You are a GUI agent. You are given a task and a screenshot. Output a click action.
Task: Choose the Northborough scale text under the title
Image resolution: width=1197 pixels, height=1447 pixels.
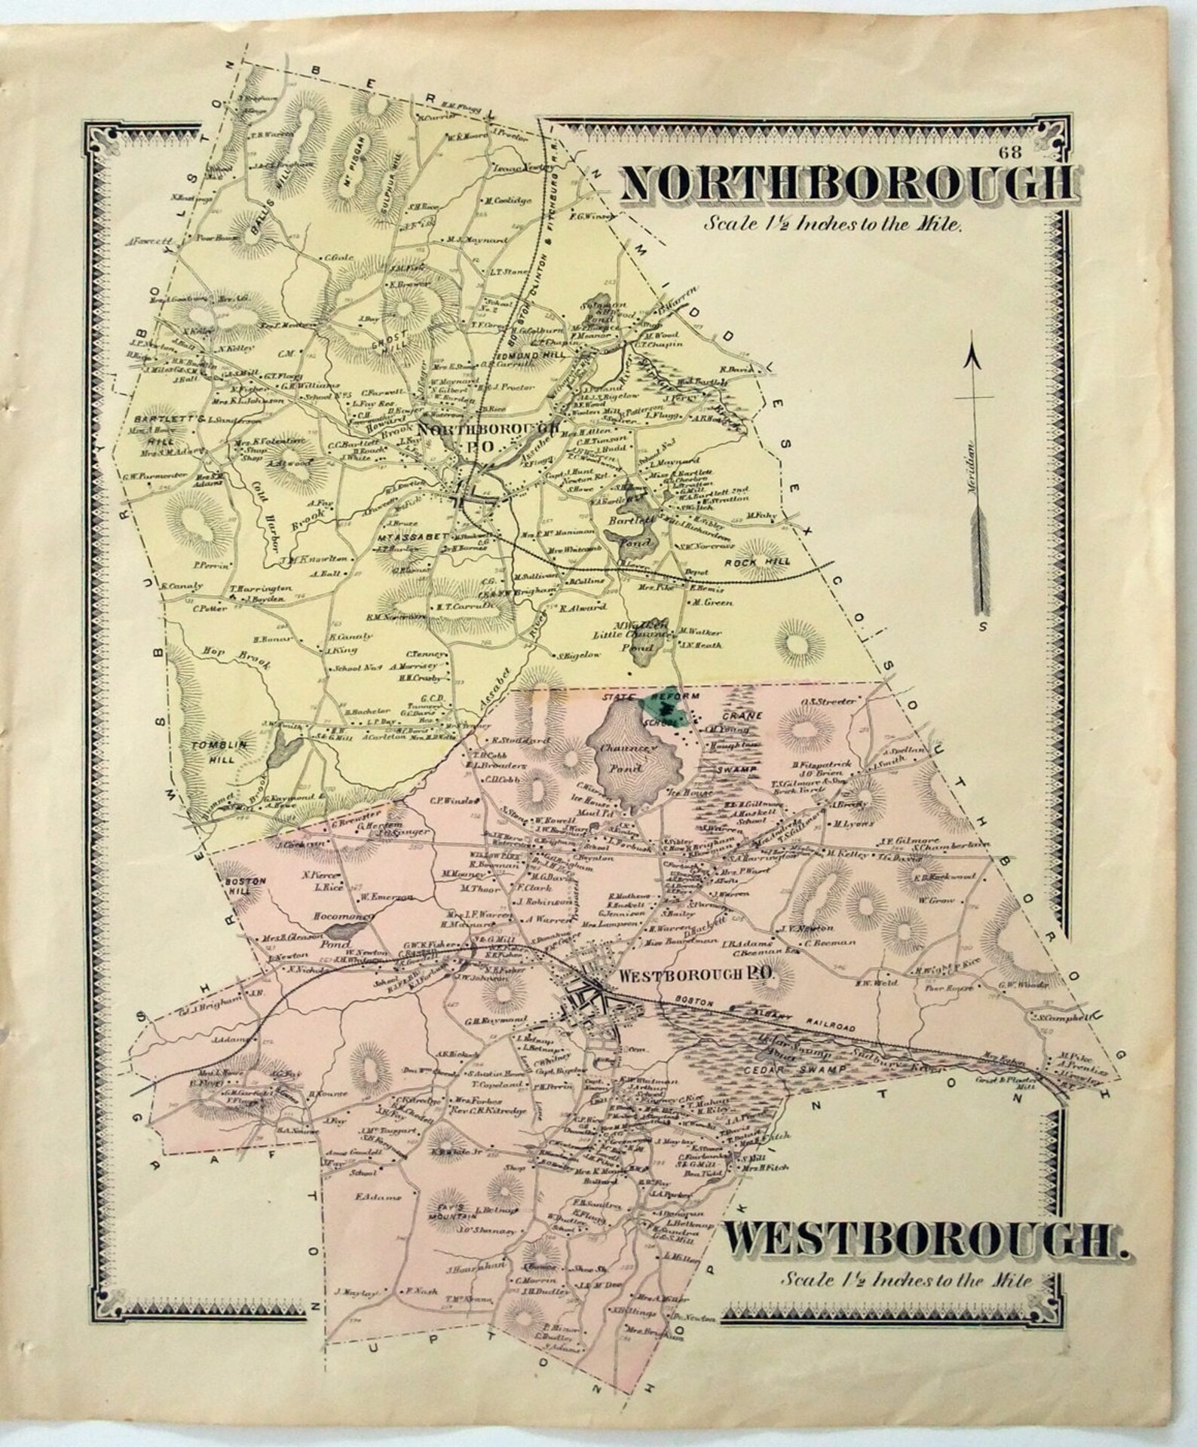(831, 225)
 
